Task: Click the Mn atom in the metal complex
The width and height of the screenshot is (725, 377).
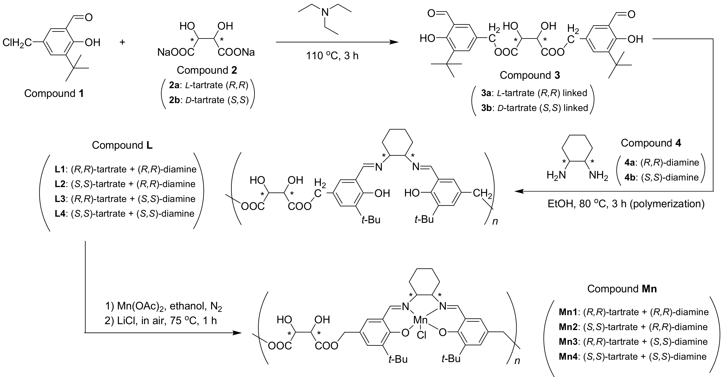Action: click(x=420, y=320)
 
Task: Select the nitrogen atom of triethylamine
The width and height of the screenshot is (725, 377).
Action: click(x=325, y=12)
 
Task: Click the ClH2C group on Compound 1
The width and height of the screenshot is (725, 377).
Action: click(x=17, y=43)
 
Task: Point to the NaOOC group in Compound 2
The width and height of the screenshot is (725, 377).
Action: click(x=176, y=52)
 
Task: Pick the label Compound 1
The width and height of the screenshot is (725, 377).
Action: click(x=54, y=93)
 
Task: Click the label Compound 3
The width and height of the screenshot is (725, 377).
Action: click(x=530, y=75)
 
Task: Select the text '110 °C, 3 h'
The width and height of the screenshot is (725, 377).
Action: click(x=332, y=56)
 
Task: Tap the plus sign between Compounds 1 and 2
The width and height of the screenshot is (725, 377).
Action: click(x=122, y=43)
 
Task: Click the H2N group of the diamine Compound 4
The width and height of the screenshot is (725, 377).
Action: click(x=556, y=175)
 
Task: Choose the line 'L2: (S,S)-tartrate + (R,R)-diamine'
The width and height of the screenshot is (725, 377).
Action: click(x=125, y=184)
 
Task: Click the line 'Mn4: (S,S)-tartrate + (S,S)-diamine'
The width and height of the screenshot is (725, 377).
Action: click(x=633, y=356)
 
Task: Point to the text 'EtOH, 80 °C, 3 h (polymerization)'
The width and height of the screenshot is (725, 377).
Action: click(x=626, y=204)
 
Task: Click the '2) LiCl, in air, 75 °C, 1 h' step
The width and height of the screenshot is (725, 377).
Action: click(x=161, y=321)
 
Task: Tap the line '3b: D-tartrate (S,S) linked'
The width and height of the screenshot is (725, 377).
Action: click(x=534, y=108)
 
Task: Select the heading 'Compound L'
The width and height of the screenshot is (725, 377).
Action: click(x=122, y=145)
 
